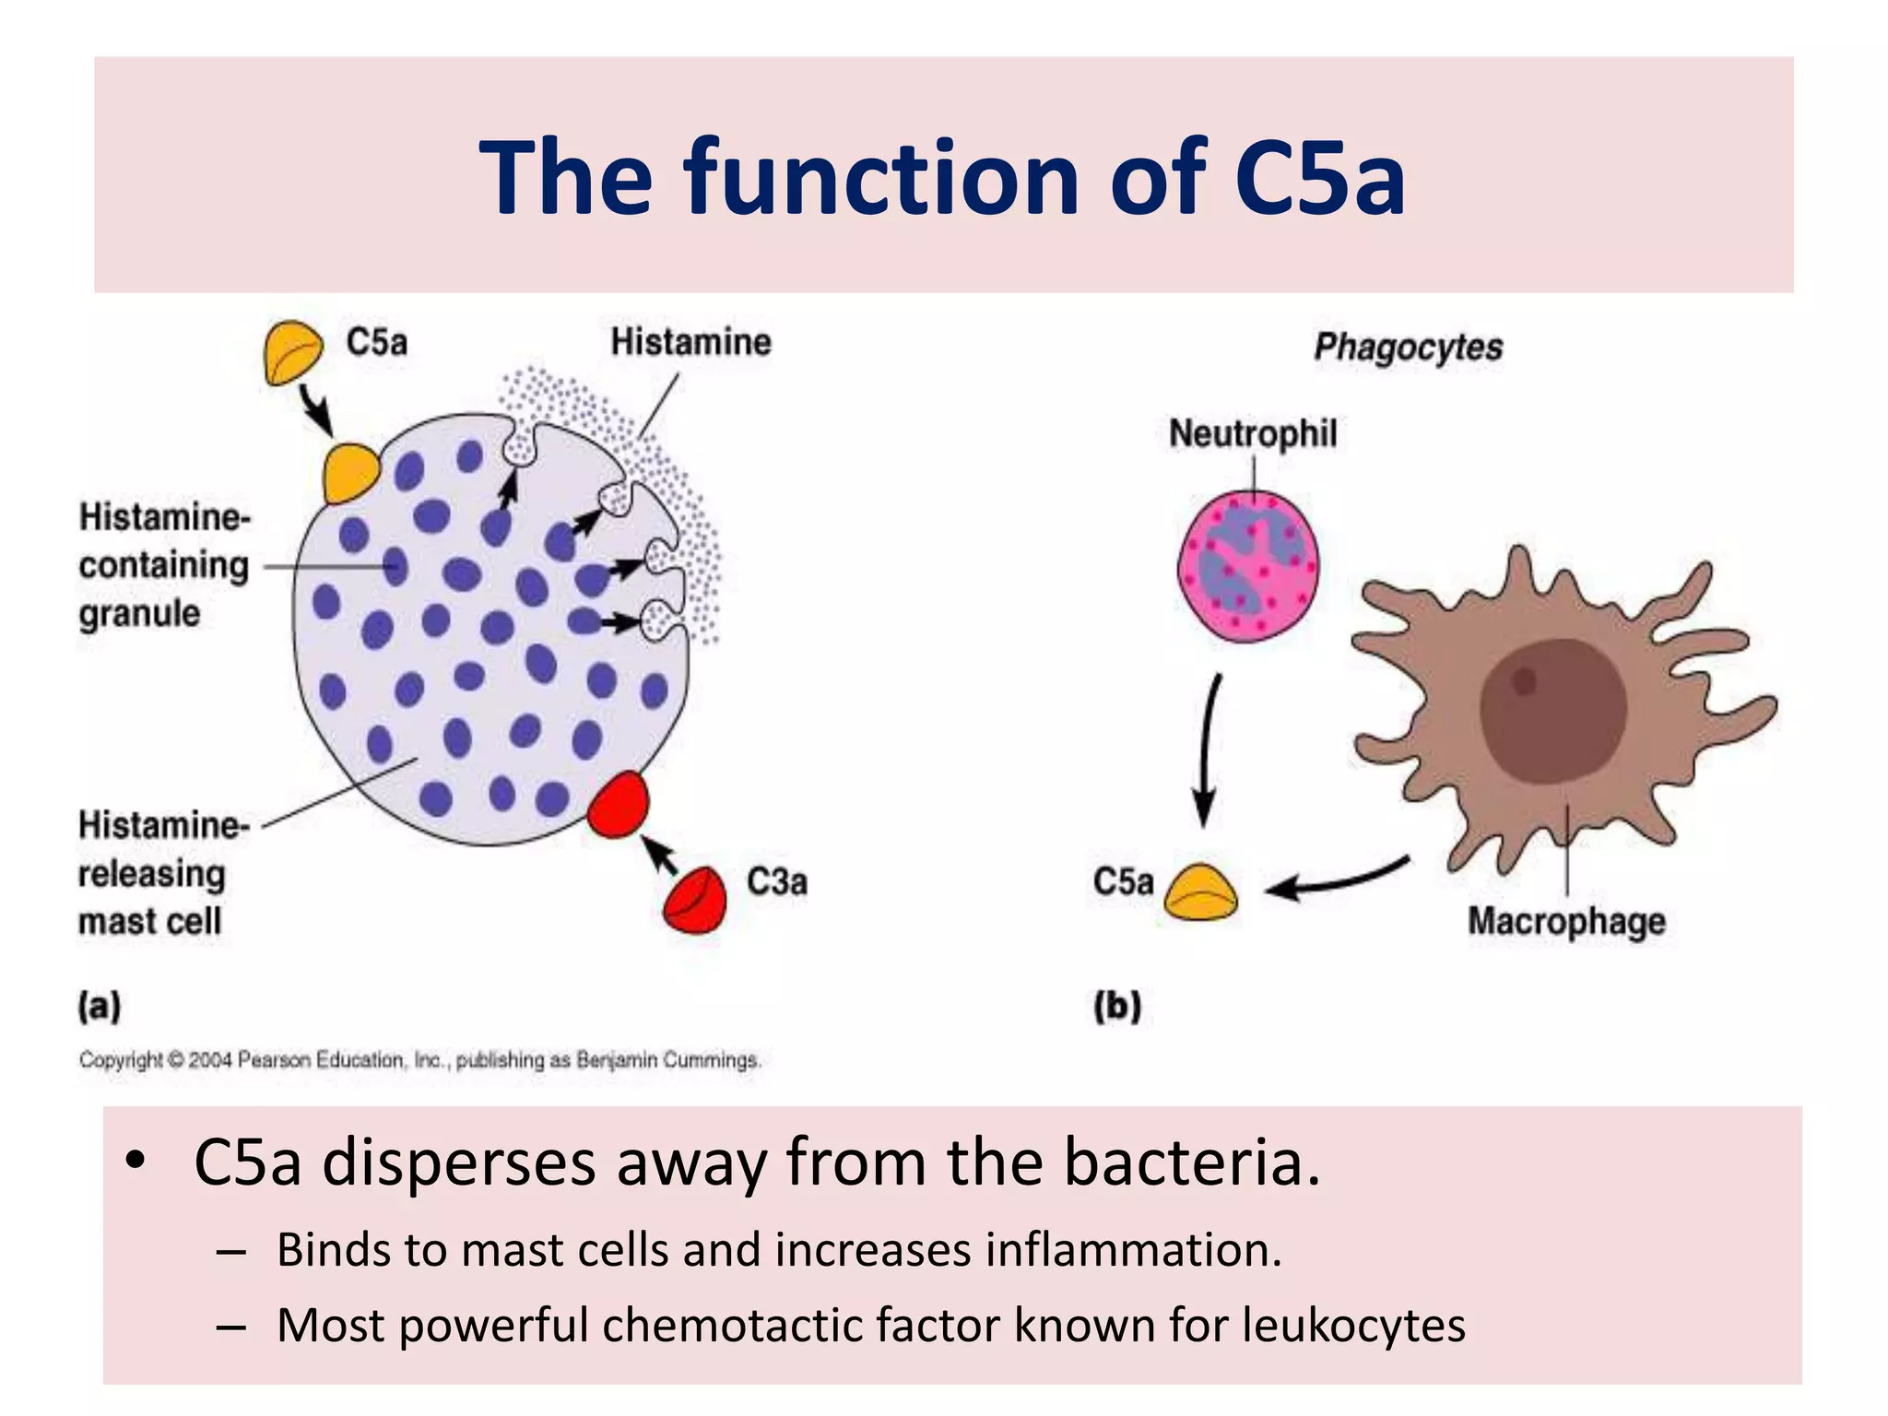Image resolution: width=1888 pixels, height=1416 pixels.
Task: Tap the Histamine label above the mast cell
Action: point(690,342)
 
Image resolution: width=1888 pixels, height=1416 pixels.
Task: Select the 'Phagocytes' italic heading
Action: point(1408,348)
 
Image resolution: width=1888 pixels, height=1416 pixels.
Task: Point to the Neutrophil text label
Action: point(1252,433)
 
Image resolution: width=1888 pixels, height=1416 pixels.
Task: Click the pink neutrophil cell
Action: point(1248,566)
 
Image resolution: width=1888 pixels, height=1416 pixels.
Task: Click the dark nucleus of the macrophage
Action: point(1552,710)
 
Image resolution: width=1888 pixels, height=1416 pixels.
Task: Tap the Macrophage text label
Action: point(1566,921)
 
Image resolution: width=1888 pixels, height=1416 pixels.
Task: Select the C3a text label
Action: point(776,882)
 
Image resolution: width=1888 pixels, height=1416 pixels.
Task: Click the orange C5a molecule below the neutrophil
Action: point(1200,892)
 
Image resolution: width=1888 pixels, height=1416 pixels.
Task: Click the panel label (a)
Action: point(100,1006)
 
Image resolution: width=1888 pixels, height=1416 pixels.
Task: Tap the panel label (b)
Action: point(1117,1006)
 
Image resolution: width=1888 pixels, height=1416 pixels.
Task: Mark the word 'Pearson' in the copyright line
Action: point(275,1060)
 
